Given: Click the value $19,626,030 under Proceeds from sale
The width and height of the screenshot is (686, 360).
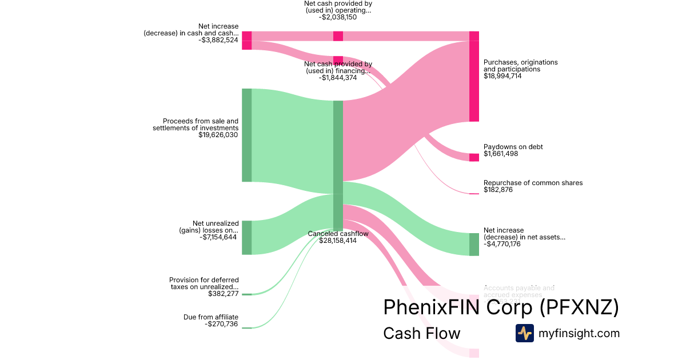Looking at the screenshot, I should click(218, 135).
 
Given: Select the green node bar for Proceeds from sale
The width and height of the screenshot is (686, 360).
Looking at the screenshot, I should click(246, 135).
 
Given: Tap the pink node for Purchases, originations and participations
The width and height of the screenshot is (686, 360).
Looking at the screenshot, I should click(474, 77).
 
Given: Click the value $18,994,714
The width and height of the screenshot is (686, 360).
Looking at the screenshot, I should click(502, 76).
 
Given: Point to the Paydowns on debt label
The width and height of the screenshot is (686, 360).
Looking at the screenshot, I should click(513, 147).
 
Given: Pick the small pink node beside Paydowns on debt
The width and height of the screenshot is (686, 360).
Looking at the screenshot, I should click(474, 157).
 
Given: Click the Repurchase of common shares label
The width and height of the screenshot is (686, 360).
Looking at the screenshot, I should click(533, 183).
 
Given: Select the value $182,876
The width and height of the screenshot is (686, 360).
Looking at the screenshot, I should click(498, 190).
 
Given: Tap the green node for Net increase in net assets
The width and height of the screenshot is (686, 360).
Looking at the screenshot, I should click(474, 244).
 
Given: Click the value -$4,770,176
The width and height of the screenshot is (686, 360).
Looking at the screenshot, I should click(502, 244).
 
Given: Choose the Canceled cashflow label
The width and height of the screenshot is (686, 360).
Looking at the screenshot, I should click(338, 234).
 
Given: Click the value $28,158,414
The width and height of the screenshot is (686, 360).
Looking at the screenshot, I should click(338, 241).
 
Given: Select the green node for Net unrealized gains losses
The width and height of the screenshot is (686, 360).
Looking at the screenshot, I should click(246, 237).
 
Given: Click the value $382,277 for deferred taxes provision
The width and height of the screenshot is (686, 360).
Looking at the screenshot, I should click(223, 294).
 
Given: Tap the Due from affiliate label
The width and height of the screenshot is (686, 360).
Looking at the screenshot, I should click(210, 317).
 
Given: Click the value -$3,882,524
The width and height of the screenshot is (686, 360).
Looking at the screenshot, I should click(218, 40).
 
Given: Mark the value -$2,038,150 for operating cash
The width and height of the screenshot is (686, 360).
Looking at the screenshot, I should click(337, 17).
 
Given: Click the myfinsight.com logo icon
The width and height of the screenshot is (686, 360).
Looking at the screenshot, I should click(524, 333).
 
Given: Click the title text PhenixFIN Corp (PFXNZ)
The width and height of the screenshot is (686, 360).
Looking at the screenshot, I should click(501, 307).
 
